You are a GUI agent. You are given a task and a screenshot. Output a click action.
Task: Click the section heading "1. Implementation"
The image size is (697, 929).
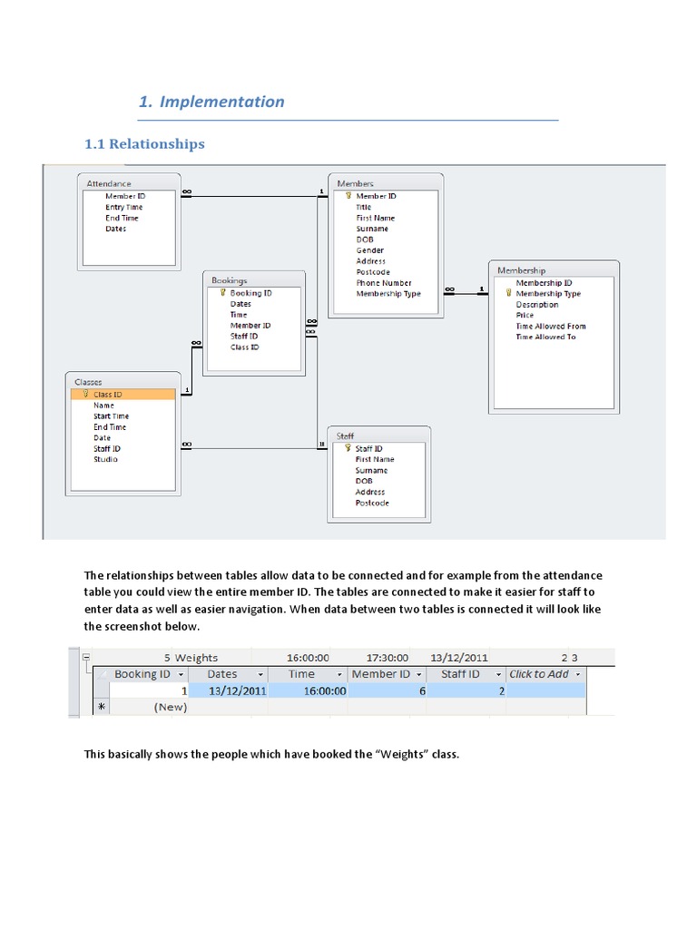click(x=211, y=102)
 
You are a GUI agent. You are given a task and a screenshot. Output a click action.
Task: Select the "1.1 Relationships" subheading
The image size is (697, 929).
click(x=144, y=143)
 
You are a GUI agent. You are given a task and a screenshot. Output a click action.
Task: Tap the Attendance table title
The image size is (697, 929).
click(x=108, y=183)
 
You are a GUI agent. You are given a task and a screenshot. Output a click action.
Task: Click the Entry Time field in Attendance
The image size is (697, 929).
click(x=123, y=207)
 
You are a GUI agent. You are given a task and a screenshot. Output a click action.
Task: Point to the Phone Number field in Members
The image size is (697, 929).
click(x=383, y=283)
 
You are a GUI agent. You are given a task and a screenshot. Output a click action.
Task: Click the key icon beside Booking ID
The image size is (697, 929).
click(x=221, y=293)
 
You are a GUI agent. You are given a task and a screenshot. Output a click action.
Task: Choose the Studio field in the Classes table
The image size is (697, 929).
click(x=105, y=459)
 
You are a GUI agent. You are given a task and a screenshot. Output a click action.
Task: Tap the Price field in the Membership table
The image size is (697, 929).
click(x=525, y=316)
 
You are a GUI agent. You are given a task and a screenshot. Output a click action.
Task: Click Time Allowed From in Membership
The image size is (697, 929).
click(x=550, y=327)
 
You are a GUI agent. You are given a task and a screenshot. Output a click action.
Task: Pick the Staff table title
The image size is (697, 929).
click(x=345, y=436)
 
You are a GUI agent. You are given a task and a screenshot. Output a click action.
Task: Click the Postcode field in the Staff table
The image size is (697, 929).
click(x=371, y=503)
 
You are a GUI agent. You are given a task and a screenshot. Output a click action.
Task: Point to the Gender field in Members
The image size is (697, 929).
click(x=369, y=250)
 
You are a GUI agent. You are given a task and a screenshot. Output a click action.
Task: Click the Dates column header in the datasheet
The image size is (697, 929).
click(x=222, y=674)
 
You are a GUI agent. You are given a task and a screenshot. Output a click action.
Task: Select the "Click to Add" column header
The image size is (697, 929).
click(x=539, y=674)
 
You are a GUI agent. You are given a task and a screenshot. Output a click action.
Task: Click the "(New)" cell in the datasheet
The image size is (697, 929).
click(x=171, y=707)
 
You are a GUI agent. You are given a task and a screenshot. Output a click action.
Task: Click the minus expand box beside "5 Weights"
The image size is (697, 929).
click(x=85, y=658)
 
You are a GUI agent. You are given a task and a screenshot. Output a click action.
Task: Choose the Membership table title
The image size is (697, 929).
click(x=521, y=270)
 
